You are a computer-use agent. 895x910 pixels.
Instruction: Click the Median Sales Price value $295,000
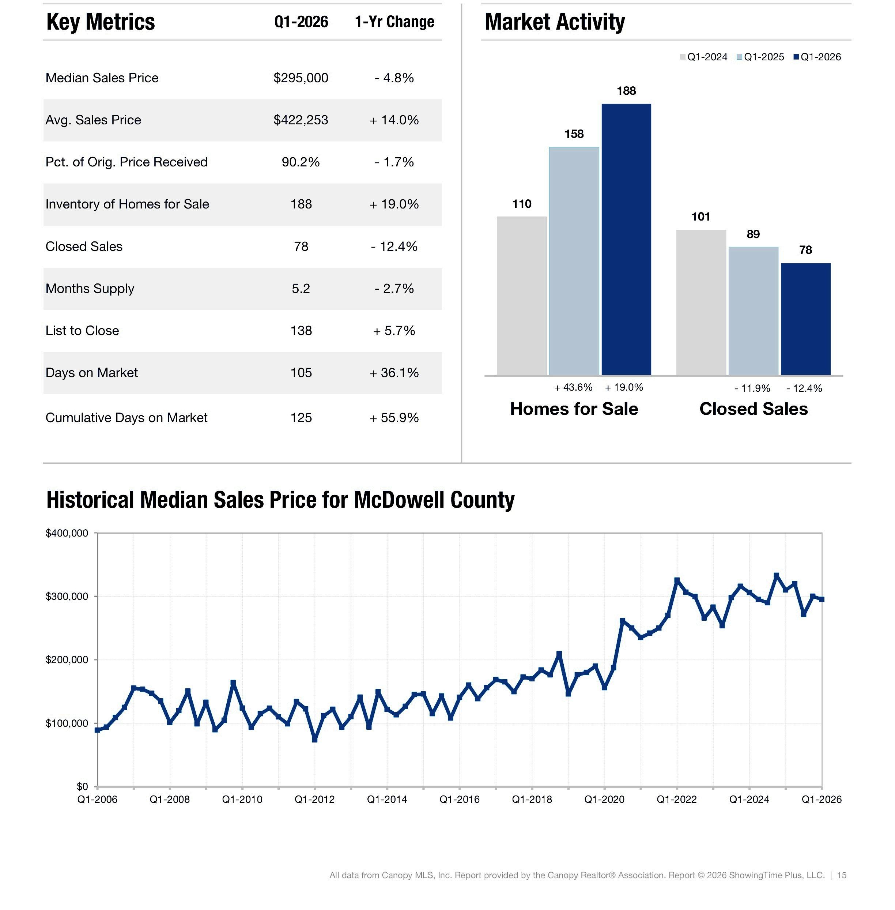tap(301, 78)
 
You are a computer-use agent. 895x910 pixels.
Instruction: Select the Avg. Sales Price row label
tap(93, 120)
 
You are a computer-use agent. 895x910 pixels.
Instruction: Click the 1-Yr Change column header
tap(394, 22)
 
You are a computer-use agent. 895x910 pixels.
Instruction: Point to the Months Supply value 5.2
tap(301, 288)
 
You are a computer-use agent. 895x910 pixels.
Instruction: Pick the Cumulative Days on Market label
tap(126, 418)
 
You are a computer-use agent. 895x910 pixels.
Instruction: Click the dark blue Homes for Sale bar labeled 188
tap(626, 239)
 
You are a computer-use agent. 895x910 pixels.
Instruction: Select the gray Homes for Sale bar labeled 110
tap(522, 296)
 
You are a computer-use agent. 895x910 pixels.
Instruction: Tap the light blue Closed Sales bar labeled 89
tap(753, 311)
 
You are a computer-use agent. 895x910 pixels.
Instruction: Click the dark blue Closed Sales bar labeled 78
tap(806, 319)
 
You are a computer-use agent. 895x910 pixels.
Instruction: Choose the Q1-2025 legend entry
tap(760, 57)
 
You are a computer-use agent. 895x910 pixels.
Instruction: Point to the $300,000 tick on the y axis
tap(67, 596)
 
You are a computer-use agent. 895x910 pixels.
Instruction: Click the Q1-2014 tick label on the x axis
tap(387, 799)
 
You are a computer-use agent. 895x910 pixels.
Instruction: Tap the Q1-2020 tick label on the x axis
tap(604, 799)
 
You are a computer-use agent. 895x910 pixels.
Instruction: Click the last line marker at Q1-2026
tap(822, 599)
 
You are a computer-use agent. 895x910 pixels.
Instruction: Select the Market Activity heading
tap(555, 22)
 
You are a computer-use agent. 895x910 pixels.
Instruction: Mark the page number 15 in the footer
tap(841, 875)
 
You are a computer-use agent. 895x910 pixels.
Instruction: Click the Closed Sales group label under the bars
tap(754, 409)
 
